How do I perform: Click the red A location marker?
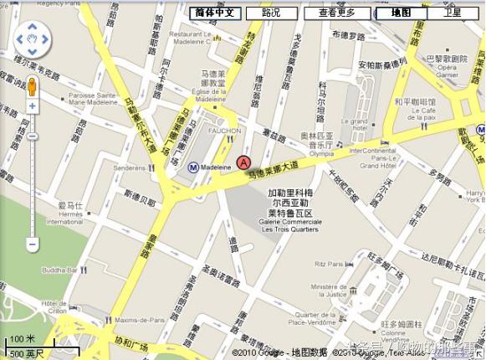click(243, 162)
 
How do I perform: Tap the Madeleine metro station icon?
click(193, 167)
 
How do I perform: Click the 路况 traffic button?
click(271, 13)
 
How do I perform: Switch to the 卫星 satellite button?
click(453, 13)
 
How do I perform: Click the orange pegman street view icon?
click(33, 86)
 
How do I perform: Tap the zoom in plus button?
click(33, 106)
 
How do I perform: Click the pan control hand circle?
click(33, 39)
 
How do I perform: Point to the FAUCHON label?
click(225, 131)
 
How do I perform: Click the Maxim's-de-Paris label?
click(140, 320)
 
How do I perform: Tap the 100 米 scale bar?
click(23, 339)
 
